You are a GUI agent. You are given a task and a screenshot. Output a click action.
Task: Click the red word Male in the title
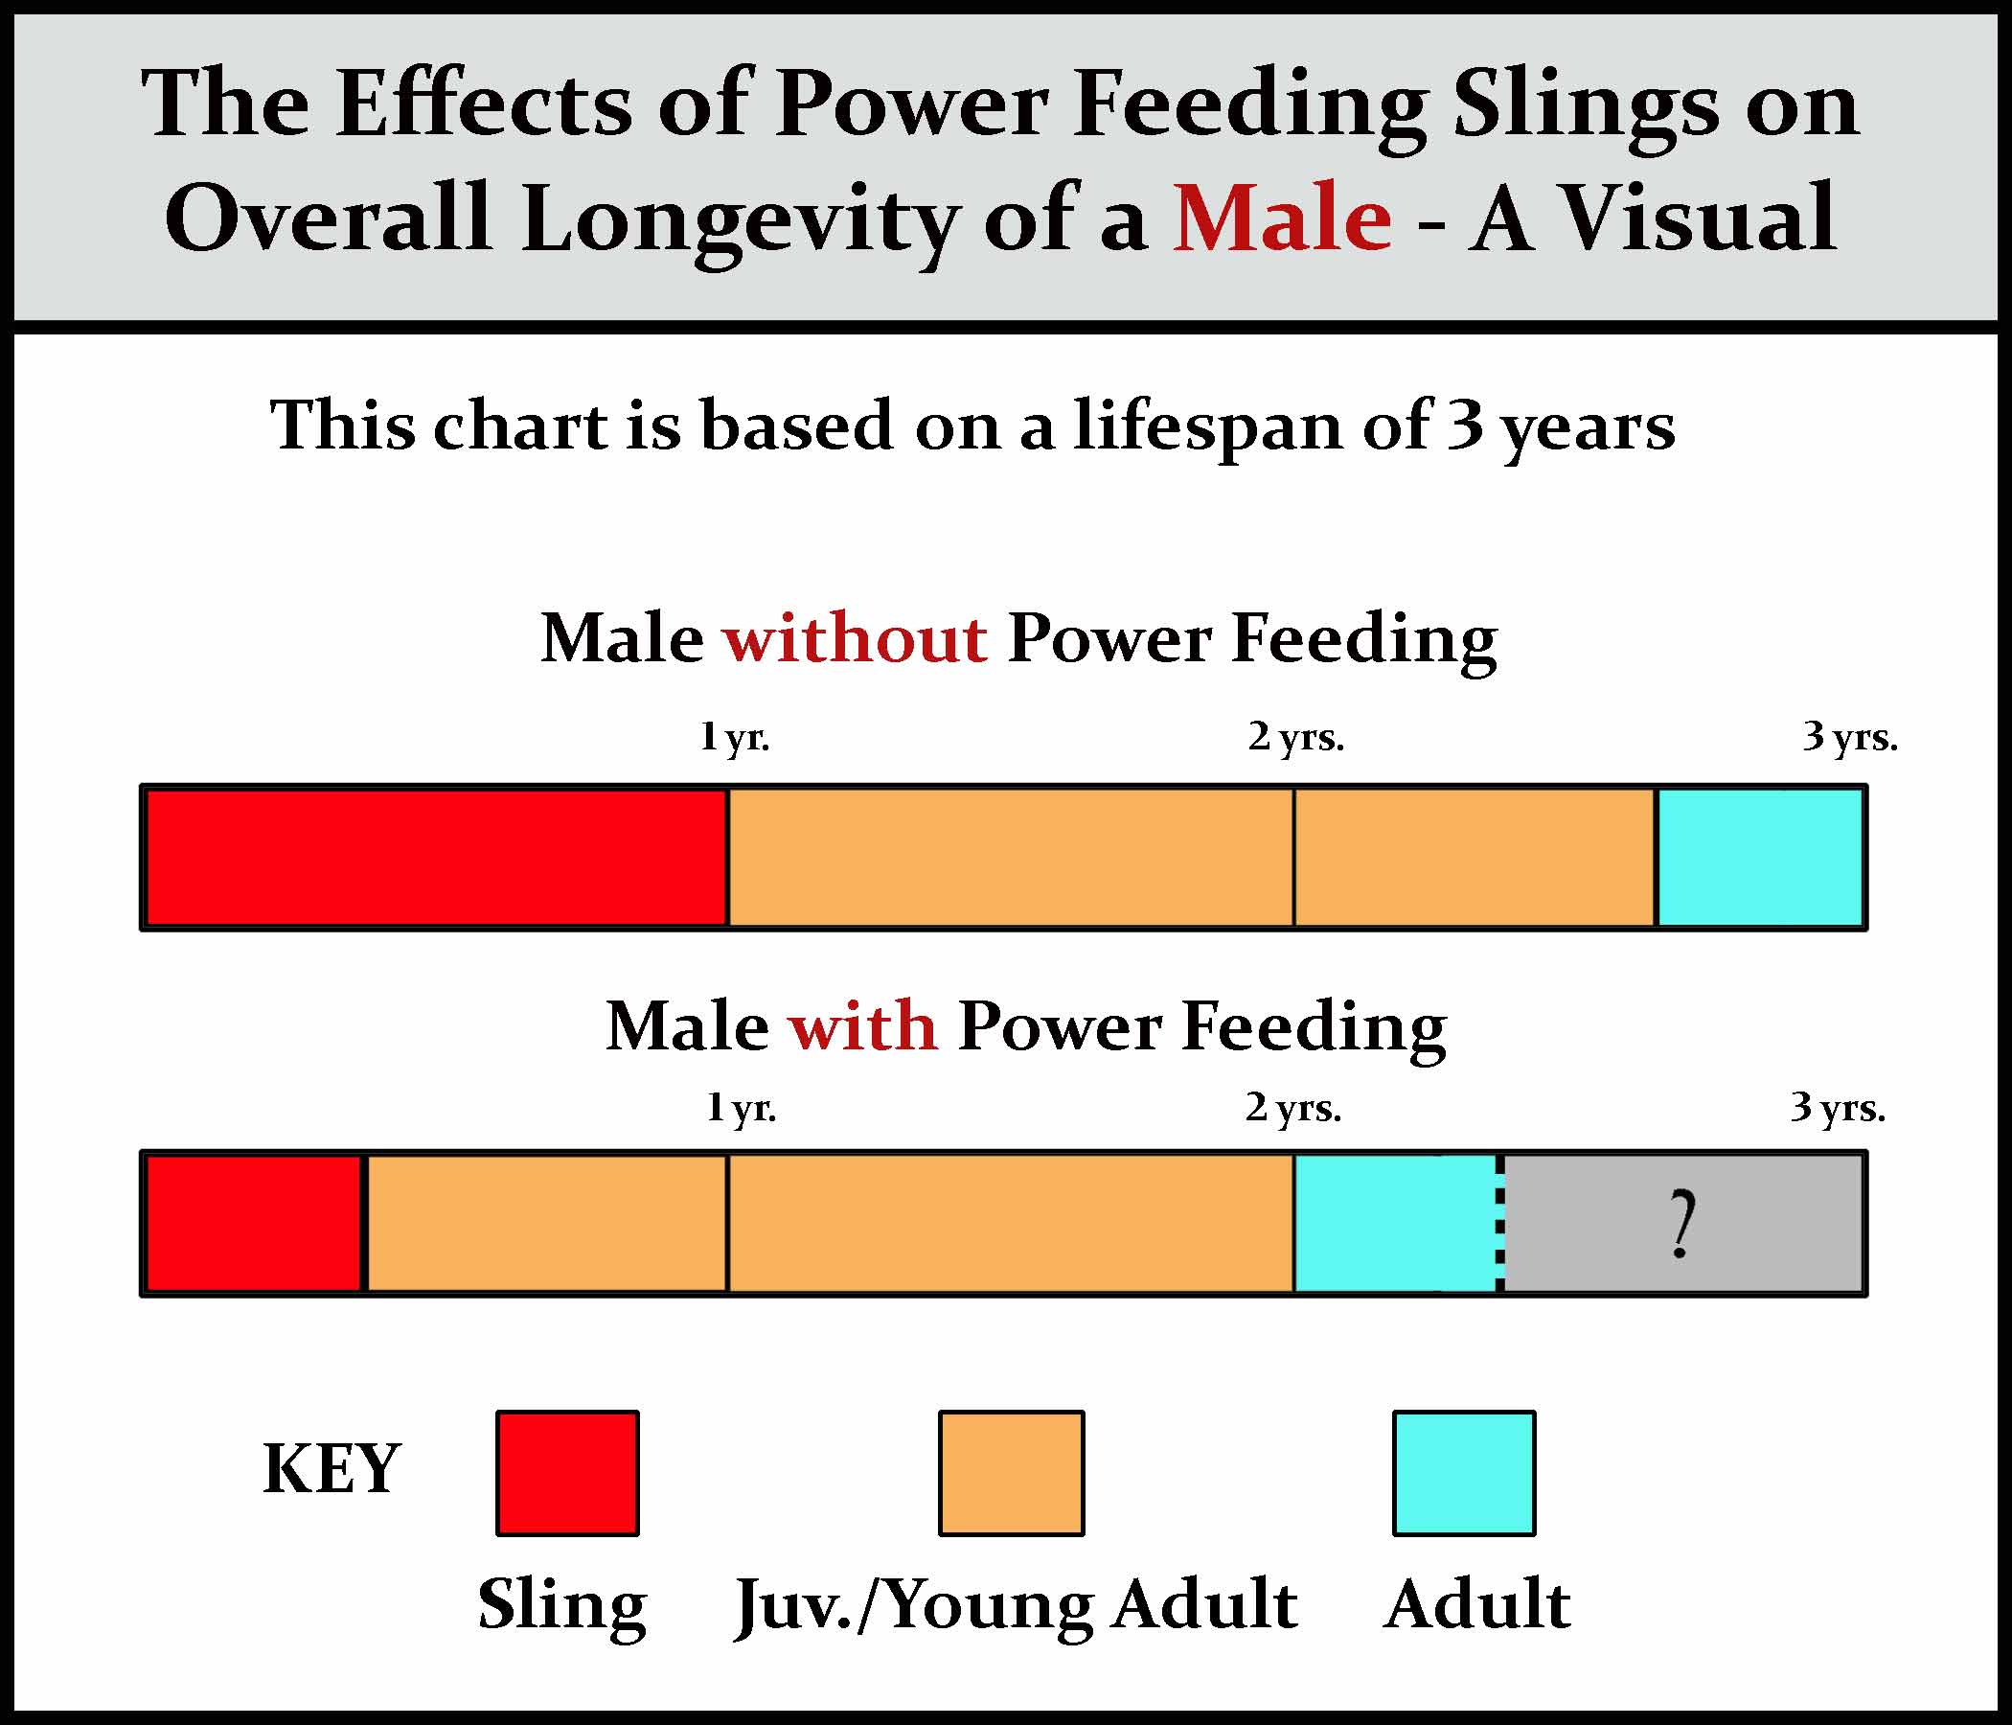click(x=1282, y=218)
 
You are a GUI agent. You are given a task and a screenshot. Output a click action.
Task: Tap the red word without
click(x=855, y=640)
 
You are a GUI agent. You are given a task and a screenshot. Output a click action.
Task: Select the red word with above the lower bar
click(x=863, y=1026)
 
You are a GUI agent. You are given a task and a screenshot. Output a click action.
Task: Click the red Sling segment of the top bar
click(x=436, y=857)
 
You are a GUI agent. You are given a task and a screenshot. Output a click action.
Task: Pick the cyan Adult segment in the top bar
click(x=1759, y=857)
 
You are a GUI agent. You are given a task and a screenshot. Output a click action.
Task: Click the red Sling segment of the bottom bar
click(x=254, y=1224)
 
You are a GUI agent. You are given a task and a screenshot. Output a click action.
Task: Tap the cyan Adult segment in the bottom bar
click(x=1394, y=1224)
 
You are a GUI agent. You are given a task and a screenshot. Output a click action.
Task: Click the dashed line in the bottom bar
click(x=1500, y=1224)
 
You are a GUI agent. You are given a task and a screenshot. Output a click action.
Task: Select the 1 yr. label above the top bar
click(x=735, y=738)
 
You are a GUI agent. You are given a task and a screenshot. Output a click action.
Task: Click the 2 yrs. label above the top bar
click(x=1295, y=738)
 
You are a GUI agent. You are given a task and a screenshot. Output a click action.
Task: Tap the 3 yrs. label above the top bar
click(x=1850, y=738)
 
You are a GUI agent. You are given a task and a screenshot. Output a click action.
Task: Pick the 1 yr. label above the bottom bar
click(x=741, y=1107)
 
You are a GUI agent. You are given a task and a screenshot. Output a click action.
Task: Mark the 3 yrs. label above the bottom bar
click(x=1838, y=1107)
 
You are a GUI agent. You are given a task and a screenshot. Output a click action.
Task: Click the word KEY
click(x=332, y=1468)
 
